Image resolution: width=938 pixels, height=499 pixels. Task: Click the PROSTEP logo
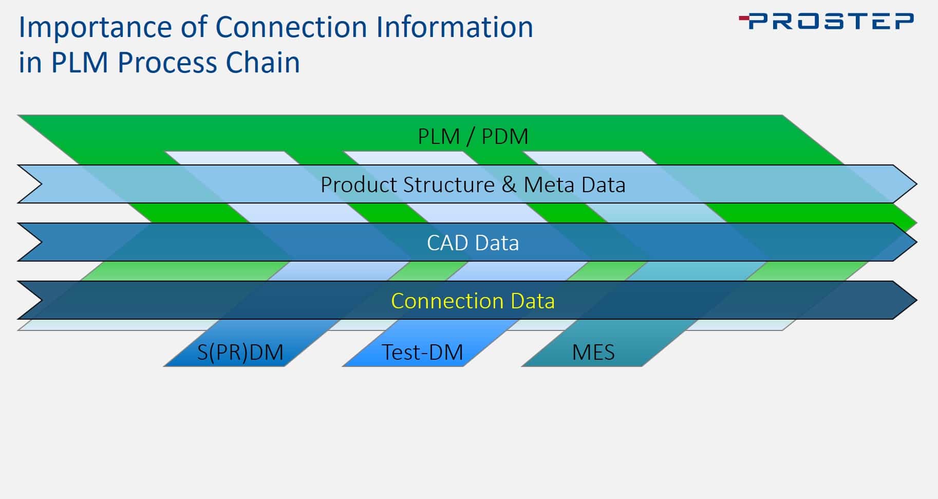pyautogui.click(x=826, y=22)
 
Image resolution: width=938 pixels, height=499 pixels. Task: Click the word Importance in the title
pyautogui.click(x=95, y=28)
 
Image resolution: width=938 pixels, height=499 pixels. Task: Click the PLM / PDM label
pyautogui.click(x=473, y=136)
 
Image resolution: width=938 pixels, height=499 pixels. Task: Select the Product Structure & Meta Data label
pyautogui.click(x=473, y=184)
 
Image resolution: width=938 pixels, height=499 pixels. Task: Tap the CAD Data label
pyautogui.click(x=473, y=243)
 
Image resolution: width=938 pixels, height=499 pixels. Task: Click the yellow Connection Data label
pyautogui.click(x=473, y=301)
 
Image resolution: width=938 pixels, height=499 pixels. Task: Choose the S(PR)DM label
pyautogui.click(x=240, y=353)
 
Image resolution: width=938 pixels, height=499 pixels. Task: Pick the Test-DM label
pyautogui.click(x=422, y=353)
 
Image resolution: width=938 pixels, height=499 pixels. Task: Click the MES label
pyautogui.click(x=593, y=353)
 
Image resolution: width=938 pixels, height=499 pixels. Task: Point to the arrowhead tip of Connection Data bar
pyautogui.click(x=916, y=300)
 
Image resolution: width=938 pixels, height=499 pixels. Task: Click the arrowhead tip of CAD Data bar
pyautogui.click(x=916, y=242)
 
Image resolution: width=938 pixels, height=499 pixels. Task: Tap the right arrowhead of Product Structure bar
pyautogui.click(x=916, y=184)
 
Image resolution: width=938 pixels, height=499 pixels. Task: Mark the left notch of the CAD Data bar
pyautogui.click(x=41, y=242)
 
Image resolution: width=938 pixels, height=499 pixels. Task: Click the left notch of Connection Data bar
pyautogui.click(x=41, y=300)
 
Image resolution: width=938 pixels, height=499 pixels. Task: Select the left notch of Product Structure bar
pyautogui.click(x=41, y=184)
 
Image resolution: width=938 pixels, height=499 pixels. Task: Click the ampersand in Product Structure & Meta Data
pyautogui.click(x=509, y=184)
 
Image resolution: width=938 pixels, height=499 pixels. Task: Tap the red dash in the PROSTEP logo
pyautogui.click(x=744, y=19)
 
